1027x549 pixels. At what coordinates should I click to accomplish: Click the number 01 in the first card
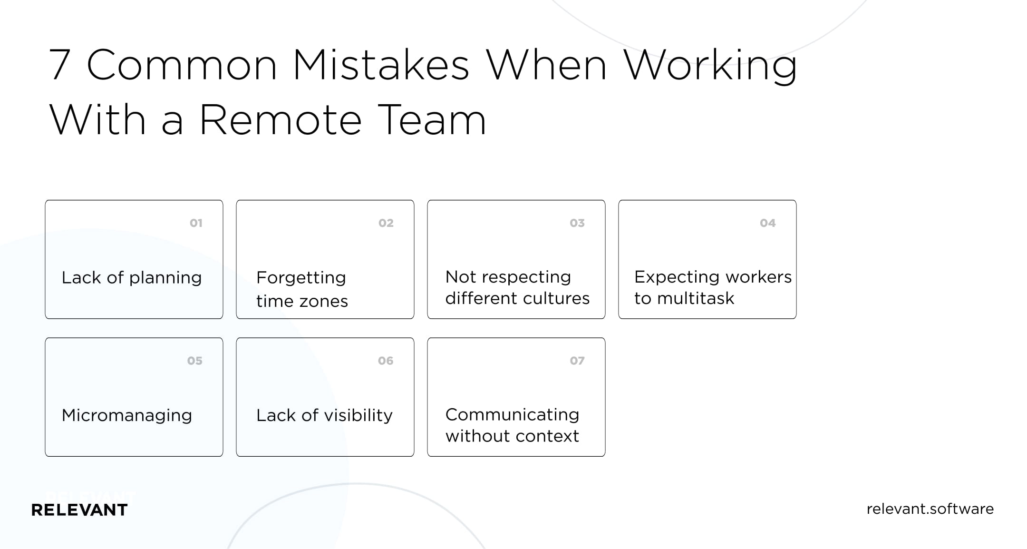point(196,223)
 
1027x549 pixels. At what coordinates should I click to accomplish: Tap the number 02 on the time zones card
point(386,223)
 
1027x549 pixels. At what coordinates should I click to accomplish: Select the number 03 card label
point(577,223)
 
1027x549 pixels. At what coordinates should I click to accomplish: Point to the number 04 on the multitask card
point(768,223)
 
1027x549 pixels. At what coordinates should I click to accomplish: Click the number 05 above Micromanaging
point(194,361)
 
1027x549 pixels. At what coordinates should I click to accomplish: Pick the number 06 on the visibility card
point(386,361)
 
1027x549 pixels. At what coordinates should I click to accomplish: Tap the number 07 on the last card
point(577,361)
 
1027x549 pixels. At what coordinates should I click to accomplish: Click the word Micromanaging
point(127,416)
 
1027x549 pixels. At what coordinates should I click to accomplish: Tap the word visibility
point(357,416)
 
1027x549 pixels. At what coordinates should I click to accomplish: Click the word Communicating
point(513,415)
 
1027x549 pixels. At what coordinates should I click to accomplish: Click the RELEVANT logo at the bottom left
point(79,510)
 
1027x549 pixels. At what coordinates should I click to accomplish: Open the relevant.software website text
point(930,509)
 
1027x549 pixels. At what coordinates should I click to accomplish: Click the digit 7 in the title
point(60,65)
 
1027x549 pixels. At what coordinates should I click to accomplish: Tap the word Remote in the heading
point(281,119)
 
